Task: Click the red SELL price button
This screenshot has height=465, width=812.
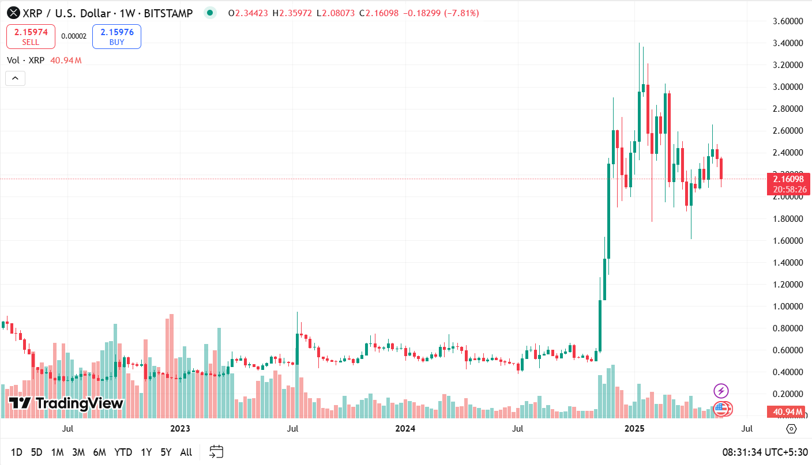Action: click(31, 36)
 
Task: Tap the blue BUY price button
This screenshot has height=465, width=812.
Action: click(116, 36)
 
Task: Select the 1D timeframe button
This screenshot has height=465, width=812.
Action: click(17, 452)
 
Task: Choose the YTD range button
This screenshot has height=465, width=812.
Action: click(123, 452)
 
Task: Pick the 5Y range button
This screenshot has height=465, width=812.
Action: click(166, 452)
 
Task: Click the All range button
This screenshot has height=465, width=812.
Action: click(186, 452)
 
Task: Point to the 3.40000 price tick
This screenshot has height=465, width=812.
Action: click(788, 43)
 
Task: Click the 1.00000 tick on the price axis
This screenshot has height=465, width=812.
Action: click(788, 307)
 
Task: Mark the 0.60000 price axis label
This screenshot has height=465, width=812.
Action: click(788, 350)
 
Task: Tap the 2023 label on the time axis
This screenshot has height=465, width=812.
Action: click(180, 429)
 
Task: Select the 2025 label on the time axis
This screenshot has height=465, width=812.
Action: click(634, 429)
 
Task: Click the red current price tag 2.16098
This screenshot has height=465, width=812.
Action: click(788, 179)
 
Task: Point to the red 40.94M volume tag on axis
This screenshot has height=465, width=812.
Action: click(788, 412)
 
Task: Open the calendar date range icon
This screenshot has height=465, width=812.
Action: click(216, 452)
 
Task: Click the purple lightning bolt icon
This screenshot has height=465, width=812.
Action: click(721, 391)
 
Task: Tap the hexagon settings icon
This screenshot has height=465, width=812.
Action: click(791, 429)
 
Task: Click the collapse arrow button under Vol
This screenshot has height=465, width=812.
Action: click(15, 78)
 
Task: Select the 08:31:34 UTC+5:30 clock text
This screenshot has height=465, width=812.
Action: click(765, 452)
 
